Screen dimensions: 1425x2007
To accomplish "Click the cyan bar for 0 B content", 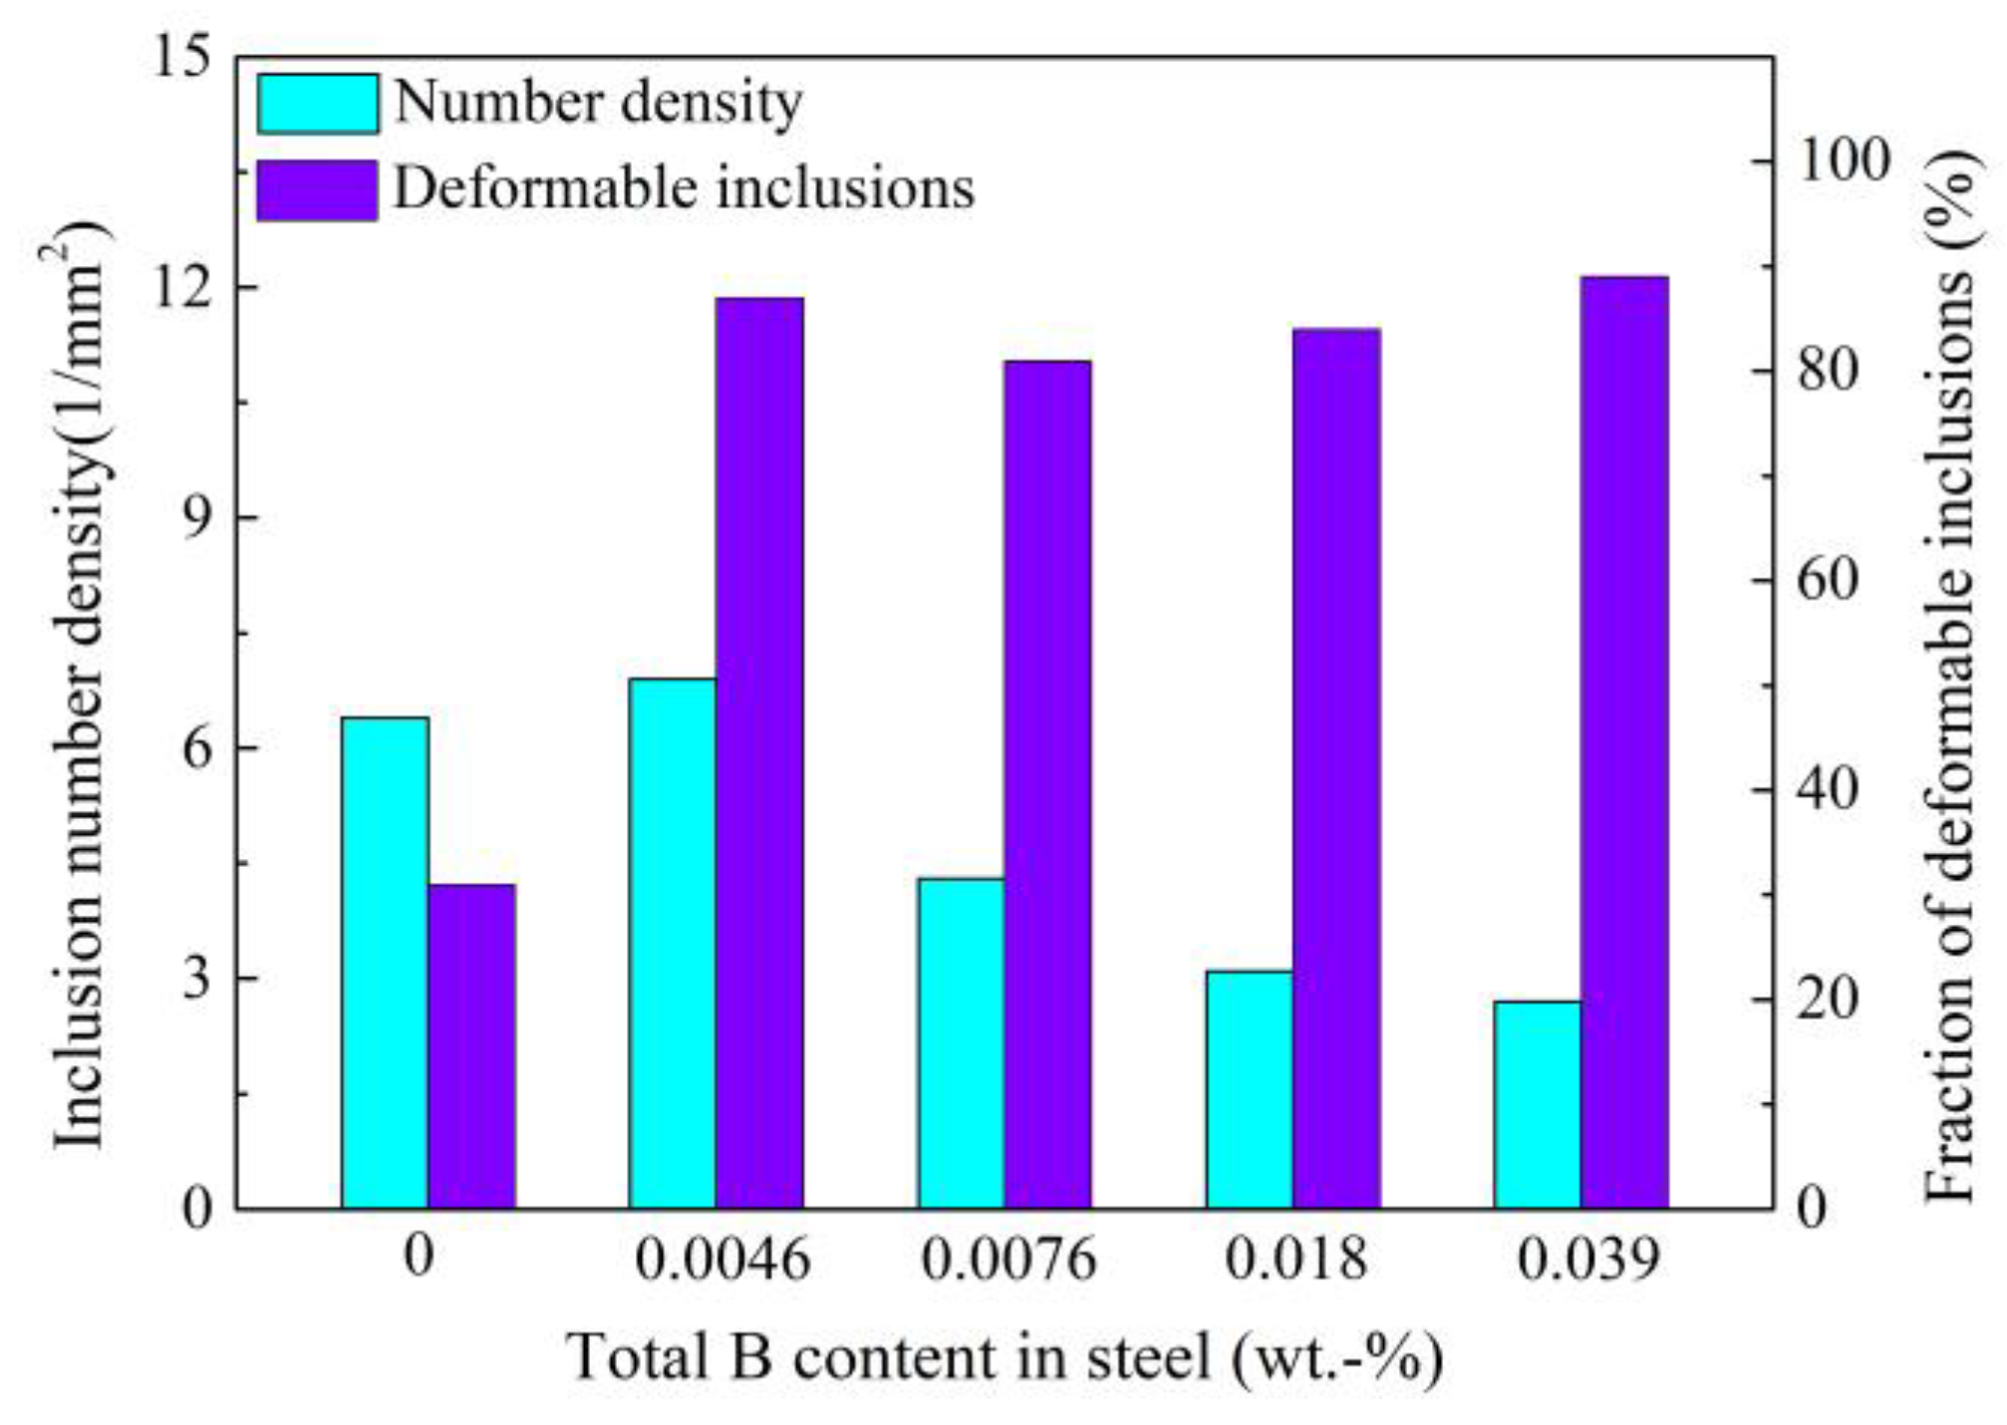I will tap(385, 962).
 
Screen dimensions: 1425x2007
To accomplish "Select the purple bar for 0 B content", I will tap(471, 1046).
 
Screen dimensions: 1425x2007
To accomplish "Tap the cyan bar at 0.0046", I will tap(672, 943).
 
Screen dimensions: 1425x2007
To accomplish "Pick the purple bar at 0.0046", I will tap(759, 752).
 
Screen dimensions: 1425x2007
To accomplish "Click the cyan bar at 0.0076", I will tap(961, 1042).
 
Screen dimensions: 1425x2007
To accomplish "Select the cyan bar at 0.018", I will tap(1249, 1088).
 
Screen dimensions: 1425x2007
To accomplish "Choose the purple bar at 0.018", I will tap(1336, 767).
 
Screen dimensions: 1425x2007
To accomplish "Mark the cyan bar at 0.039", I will tap(1537, 1104).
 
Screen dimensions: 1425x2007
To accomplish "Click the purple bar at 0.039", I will tap(1624, 741).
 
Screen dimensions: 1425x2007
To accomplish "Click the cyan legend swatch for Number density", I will tap(318, 103).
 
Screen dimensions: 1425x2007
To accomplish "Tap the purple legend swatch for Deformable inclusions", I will tap(318, 189).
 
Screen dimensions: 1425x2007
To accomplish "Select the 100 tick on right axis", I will tap(1842, 160).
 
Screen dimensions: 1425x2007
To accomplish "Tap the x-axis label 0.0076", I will tap(1007, 1259).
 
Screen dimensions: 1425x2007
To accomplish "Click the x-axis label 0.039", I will tap(1588, 1259).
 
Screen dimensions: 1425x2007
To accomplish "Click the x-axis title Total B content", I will tap(1004, 1357).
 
